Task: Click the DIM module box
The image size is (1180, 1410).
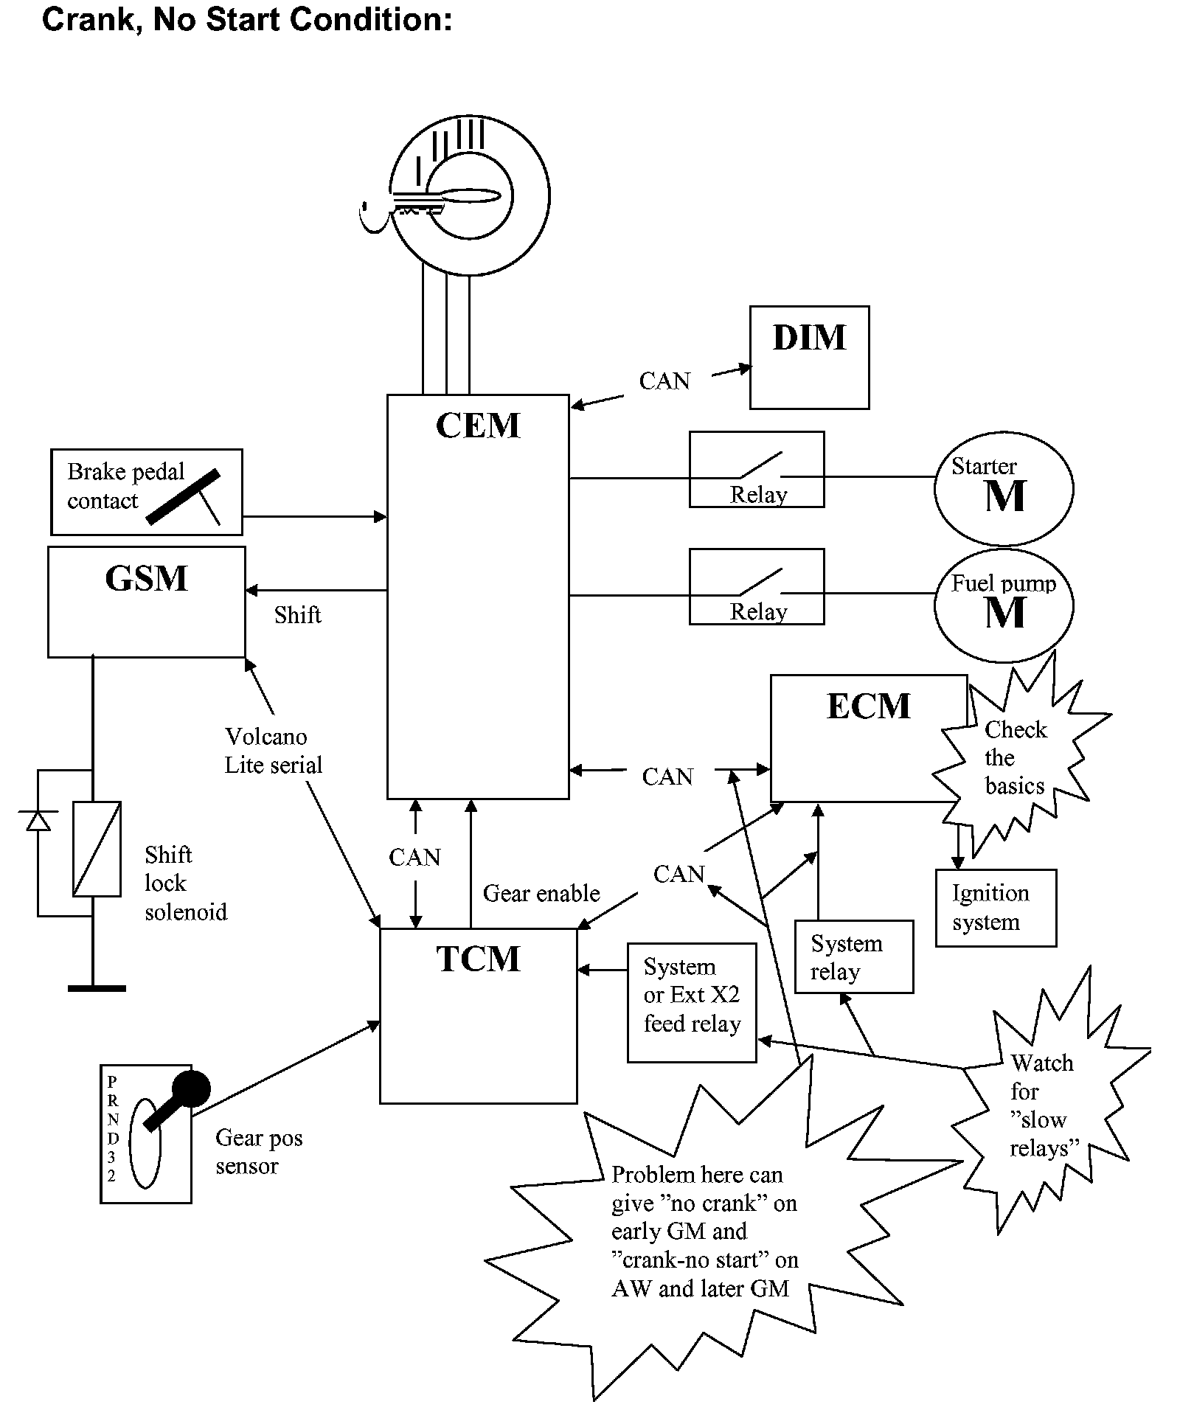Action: coord(809,358)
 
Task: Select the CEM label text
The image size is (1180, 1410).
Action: coord(478,426)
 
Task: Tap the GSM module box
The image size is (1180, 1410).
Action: coord(146,601)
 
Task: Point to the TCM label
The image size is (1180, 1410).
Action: coord(478,959)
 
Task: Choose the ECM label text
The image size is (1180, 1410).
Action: coord(868,706)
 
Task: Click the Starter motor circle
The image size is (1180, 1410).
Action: coord(1003,489)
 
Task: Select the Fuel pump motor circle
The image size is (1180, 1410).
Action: coord(1003,605)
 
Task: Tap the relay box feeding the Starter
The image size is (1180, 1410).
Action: coord(756,469)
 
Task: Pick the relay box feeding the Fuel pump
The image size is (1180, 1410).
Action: coord(756,586)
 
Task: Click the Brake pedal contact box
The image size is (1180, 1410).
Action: coord(146,492)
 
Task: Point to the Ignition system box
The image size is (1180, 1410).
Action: coord(996,908)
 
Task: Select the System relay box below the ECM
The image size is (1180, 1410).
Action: coord(854,956)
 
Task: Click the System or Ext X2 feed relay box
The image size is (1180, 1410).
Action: coord(691,1002)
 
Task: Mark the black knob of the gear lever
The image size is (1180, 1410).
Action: coord(191,1088)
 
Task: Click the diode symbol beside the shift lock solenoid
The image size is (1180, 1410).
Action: coord(38,821)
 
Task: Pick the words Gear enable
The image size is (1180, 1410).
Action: coord(541,894)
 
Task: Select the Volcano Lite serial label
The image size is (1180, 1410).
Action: coord(273,751)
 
